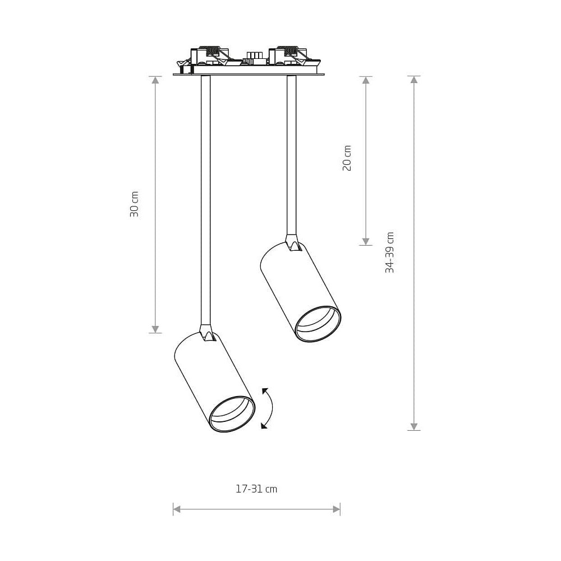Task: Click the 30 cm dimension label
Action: [134, 204]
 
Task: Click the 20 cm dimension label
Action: [347, 158]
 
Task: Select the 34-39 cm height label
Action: [389, 252]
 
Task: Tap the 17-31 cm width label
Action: [256, 489]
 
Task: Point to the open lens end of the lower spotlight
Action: [232, 414]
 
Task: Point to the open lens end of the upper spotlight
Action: [318, 324]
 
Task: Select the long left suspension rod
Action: [206, 200]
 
